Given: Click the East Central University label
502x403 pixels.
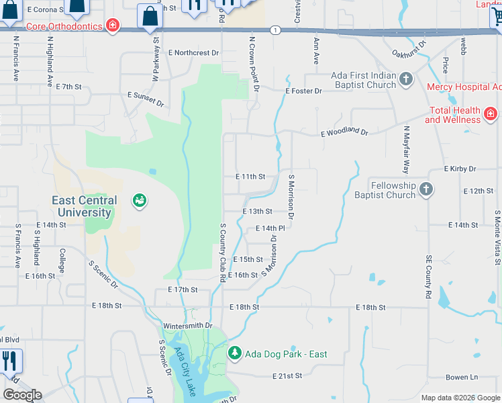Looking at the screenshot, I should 84,206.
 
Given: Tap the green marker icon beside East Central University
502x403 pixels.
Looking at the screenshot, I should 140,200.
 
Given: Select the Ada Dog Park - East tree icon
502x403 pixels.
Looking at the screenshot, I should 234,352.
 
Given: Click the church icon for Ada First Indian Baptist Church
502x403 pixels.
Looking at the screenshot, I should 405,80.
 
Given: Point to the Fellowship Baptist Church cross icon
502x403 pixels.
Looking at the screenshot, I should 425,190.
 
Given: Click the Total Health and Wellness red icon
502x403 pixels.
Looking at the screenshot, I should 491,114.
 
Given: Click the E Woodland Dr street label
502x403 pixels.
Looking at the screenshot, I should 344,132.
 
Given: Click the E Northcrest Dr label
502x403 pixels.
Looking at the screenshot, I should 194,52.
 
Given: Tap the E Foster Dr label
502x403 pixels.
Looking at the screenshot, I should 303,91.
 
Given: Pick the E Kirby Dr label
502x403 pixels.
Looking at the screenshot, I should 460,169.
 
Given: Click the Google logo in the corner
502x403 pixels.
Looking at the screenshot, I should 22,395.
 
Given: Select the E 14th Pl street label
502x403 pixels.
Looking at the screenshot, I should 270,228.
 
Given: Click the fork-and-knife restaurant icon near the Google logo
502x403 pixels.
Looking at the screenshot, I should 9,361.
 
